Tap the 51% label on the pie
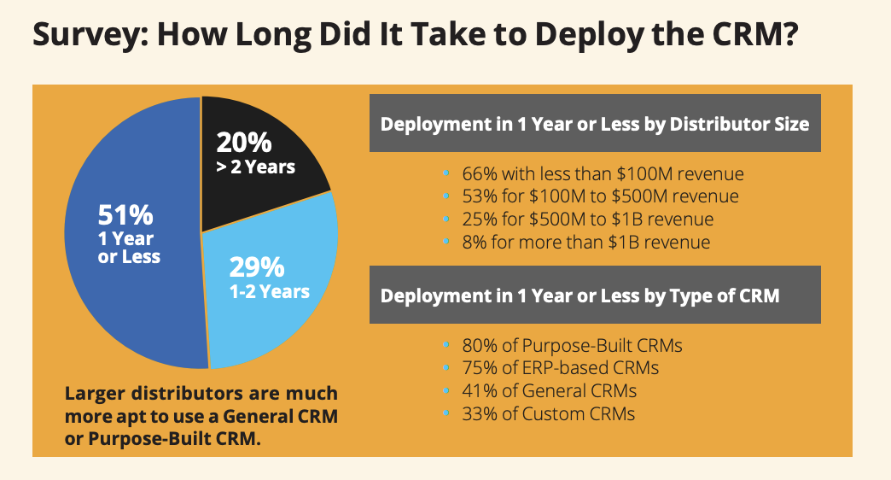coord(125,214)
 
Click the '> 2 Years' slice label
coord(255,167)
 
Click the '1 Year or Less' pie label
coord(129,247)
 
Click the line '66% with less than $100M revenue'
coord(603,174)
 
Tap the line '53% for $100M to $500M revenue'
coord(600,196)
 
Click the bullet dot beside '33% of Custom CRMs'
coord(447,414)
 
